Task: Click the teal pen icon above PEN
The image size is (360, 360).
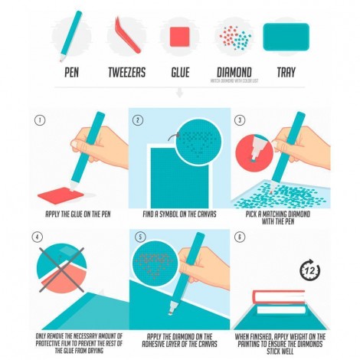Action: point(71,34)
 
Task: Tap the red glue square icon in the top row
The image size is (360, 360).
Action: point(179,37)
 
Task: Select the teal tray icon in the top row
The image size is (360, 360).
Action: point(286,35)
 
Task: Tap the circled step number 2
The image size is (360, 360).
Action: point(139,119)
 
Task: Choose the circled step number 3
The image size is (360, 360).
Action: point(239,120)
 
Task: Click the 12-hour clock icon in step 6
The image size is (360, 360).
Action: point(309,269)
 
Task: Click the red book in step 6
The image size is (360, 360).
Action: point(280,298)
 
